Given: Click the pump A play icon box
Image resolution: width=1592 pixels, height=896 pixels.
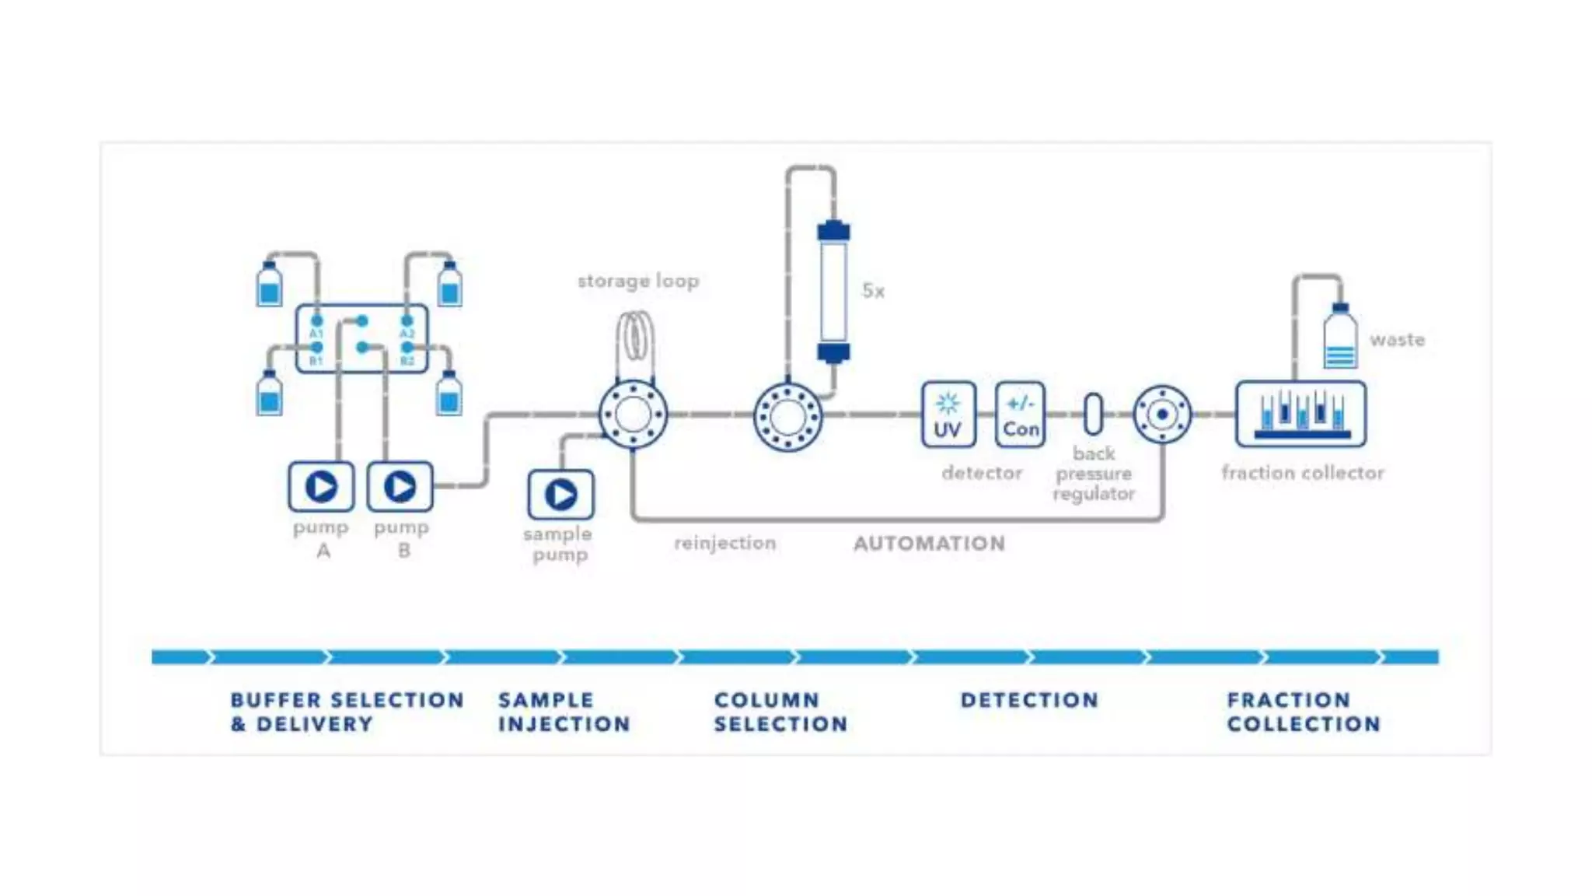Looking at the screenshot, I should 321,487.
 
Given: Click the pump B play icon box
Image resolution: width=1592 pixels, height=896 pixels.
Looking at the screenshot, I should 400,487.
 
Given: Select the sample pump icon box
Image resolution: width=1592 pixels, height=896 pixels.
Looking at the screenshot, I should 560,495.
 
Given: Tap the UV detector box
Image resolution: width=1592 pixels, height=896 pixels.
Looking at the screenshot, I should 948,415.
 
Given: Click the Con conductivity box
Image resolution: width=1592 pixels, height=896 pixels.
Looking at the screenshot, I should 1020,415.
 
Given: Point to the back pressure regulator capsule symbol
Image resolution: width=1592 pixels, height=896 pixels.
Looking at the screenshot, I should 1093,414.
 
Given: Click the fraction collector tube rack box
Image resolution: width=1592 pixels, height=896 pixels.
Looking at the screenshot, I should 1300,414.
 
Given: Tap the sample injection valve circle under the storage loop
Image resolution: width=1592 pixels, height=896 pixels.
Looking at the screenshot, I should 633,415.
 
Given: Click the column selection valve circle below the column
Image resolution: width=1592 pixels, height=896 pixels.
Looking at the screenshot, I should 787,417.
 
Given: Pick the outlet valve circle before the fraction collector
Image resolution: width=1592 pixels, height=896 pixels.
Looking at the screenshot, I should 1162,415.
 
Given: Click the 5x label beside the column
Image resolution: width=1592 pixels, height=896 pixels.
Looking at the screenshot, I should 873,291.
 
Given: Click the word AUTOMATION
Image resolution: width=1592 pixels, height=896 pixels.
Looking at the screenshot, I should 929,544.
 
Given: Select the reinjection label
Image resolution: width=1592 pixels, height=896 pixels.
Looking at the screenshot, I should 724,543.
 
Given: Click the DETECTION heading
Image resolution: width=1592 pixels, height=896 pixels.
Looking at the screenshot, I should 1029,700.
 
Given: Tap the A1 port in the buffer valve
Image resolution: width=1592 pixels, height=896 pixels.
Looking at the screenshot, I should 316,321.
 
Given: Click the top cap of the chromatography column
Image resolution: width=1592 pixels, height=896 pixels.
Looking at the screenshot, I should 833,230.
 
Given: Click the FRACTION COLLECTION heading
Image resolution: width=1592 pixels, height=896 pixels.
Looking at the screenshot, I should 1303,712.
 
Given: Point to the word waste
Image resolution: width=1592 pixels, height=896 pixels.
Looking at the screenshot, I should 1397,340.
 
